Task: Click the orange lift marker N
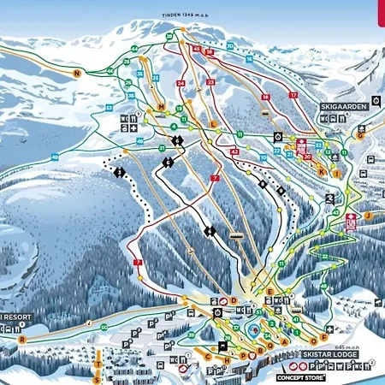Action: (x=76, y=74)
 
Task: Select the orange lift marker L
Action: (x=213, y=123)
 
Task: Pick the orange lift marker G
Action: (x=361, y=135)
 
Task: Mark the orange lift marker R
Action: (x=22, y=339)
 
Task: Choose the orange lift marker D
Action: (x=233, y=300)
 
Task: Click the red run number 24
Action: (x=181, y=83)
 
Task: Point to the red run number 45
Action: (x=197, y=51)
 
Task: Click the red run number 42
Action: (x=234, y=151)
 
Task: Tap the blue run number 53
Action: (x=109, y=107)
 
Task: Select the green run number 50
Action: (x=104, y=327)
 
